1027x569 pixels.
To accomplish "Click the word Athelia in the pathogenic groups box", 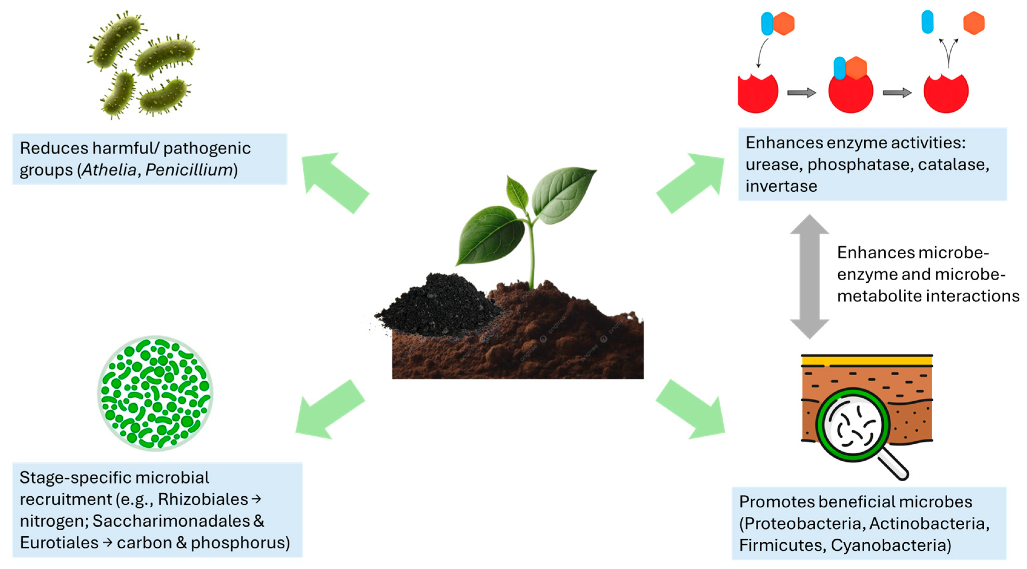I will point(109,170).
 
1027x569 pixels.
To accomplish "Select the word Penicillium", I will point(189,170).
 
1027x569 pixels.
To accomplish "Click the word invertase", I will point(781,186).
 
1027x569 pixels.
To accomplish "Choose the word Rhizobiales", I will point(203,499).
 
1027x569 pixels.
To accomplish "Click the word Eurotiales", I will point(59,543).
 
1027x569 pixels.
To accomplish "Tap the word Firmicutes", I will point(781,545).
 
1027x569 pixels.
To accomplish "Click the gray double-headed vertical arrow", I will point(809,277).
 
